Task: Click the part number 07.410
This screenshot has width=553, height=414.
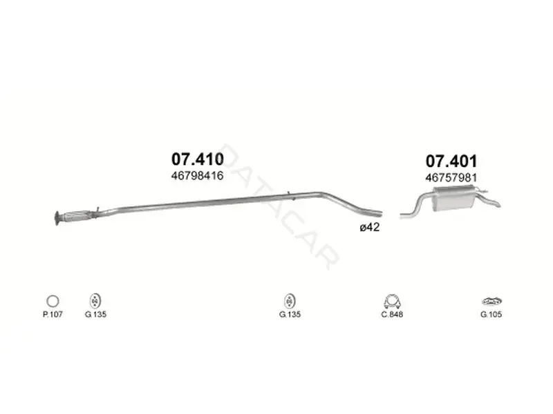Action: coord(198,159)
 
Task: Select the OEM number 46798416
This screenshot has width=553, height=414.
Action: coord(198,176)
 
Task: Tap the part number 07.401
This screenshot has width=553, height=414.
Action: coord(451,161)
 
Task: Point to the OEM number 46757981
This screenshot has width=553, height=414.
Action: coord(451,177)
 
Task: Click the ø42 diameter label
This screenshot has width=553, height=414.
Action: coord(370,228)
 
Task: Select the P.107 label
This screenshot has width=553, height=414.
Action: coord(53,314)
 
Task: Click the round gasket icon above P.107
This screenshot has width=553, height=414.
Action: coord(53,301)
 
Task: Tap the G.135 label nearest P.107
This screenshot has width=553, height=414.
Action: coord(95,314)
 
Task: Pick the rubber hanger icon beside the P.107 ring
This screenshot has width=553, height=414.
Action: coord(95,301)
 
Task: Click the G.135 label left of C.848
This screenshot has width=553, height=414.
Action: coord(290,314)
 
